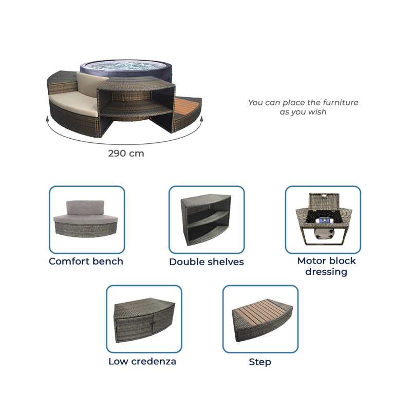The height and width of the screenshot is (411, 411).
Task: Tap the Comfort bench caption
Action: [86, 261]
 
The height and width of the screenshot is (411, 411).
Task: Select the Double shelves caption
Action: [207, 262]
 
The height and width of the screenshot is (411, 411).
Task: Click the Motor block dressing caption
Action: [326, 266]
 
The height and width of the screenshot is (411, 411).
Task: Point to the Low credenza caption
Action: [142, 361]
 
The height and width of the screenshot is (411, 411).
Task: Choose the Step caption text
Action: [260, 362]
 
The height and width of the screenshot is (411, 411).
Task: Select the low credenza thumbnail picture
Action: [144, 319]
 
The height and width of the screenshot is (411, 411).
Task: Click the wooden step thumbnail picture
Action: [260, 319]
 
